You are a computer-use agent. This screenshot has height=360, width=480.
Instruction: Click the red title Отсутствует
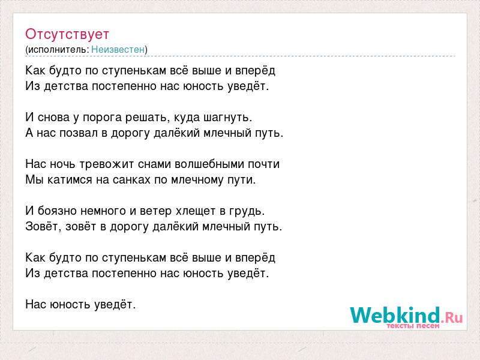click(x=67, y=34)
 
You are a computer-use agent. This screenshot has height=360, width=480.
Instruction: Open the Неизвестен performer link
click(x=118, y=49)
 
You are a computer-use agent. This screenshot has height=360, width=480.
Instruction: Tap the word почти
click(x=263, y=164)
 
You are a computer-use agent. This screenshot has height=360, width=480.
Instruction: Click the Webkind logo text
click(x=395, y=315)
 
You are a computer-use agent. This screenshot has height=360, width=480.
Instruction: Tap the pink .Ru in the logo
click(x=452, y=317)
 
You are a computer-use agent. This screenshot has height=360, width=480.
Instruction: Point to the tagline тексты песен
click(x=413, y=326)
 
